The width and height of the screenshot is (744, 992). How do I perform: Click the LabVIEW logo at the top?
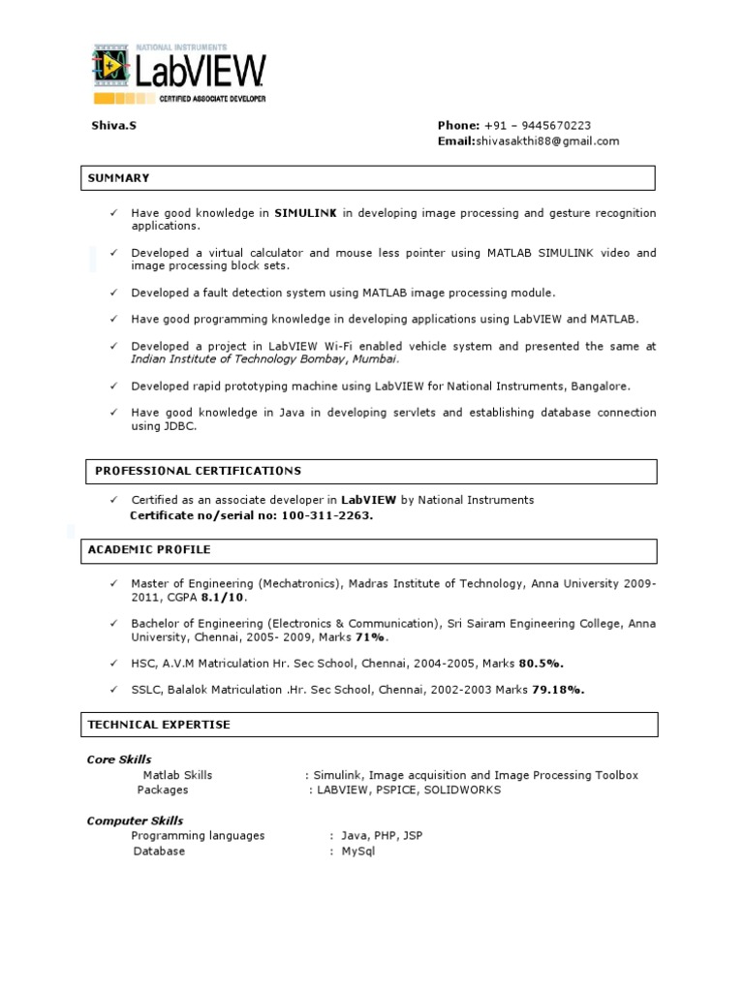tap(179, 74)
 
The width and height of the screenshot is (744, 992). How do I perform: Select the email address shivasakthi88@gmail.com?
tap(546, 140)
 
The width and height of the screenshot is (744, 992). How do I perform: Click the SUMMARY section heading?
tap(118, 178)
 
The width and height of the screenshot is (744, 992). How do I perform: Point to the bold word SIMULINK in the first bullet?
tap(305, 213)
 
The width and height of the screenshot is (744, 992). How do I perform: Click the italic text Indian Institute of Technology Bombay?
tap(237, 358)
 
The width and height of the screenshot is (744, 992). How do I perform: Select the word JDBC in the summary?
tap(178, 425)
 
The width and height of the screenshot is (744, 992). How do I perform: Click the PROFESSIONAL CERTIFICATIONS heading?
tap(198, 471)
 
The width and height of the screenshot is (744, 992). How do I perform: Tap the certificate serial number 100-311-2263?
tap(327, 515)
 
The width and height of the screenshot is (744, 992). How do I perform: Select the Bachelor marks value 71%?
tap(369, 637)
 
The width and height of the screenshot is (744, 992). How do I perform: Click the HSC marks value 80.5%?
tap(541, 664)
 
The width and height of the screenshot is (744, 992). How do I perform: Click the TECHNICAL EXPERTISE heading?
tap(159, 725)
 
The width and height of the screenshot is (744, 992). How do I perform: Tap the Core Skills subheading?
tap(119, 759)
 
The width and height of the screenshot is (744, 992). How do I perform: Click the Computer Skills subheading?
tap(135, 821)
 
